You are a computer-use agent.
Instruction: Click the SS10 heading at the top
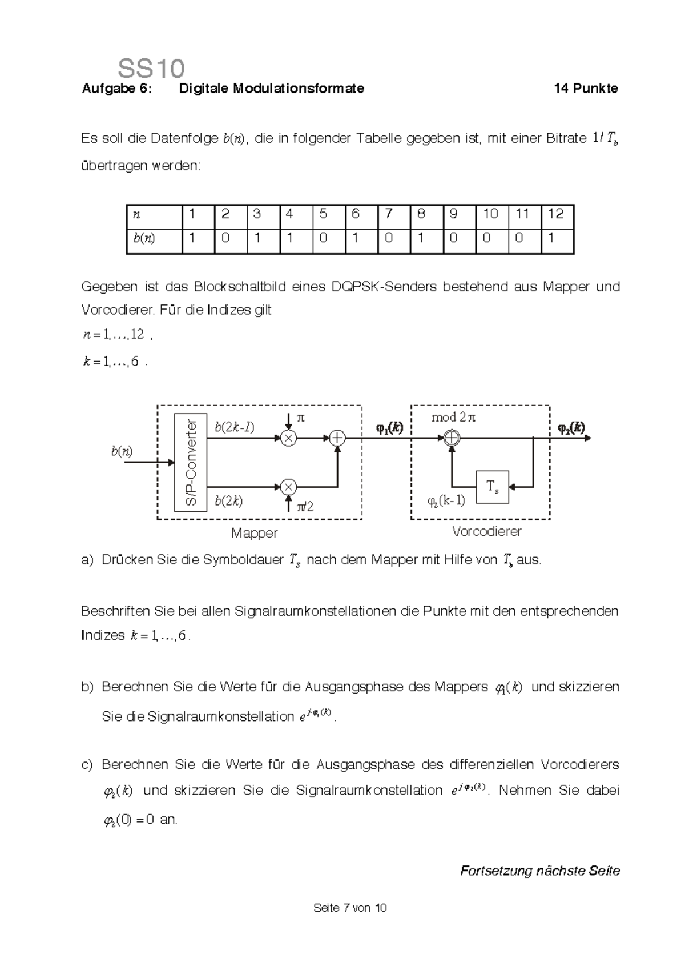coord(151,69)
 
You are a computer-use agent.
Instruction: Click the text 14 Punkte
coord(586,89)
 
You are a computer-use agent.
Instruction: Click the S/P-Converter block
coord(191,463)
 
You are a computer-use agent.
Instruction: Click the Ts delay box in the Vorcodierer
coord(492,487)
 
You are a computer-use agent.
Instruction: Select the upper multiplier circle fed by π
coord(289,438)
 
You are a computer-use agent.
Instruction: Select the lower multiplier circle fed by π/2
coord(289,487)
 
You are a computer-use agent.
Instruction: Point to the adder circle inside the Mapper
coord(338,438)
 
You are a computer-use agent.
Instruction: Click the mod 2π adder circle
coord(452,438)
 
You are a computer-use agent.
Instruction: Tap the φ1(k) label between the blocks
coord(389,428)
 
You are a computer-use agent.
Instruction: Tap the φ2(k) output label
coord(571,428)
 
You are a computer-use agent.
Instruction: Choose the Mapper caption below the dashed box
coord(254,533)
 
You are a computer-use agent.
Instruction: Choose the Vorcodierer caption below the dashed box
coord(486,532)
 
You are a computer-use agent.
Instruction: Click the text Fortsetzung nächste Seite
coord(539,871)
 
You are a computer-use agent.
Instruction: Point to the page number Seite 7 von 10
coord(350,908)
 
